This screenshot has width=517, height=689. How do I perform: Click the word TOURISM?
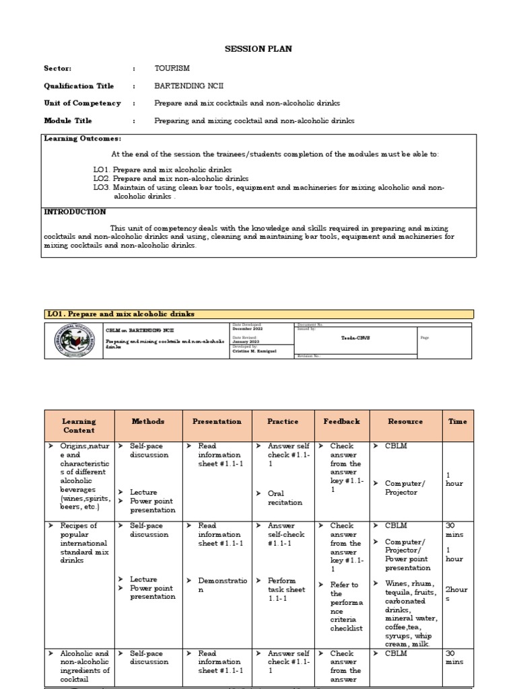172,69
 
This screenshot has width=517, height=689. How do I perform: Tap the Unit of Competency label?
82,103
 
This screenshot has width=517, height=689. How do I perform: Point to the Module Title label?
68,120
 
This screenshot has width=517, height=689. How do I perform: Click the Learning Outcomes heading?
82,138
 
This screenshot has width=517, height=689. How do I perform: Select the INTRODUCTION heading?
75,212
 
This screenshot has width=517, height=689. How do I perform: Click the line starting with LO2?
171,179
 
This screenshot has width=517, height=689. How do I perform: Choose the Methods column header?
147,421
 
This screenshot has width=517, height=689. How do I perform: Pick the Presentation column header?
217,421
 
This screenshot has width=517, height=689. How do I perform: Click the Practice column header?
283,421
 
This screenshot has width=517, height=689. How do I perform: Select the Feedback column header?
341,421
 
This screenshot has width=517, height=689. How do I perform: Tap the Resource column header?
405,421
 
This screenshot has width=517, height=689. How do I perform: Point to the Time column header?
458,421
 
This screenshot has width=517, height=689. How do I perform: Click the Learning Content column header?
79,426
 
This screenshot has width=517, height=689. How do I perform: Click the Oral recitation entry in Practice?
285,498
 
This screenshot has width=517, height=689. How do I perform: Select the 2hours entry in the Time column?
456,593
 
